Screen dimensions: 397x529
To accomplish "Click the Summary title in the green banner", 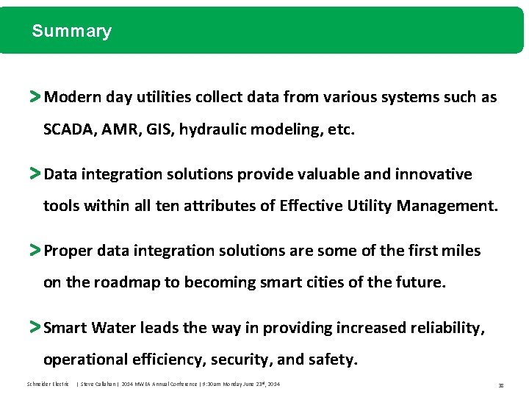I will pos(71,31).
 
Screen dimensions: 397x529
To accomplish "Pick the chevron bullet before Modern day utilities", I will pos(35,96).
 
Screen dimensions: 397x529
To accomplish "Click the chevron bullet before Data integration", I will pos(35,174).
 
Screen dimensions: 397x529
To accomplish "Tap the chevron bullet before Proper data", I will pos(35,251).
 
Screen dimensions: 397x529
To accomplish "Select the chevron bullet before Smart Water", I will pos(35,327).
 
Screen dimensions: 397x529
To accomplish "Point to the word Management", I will pos(446,207).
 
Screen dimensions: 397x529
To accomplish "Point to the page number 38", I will pos(500,385).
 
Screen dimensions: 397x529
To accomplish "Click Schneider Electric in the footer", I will pos(47,385).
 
